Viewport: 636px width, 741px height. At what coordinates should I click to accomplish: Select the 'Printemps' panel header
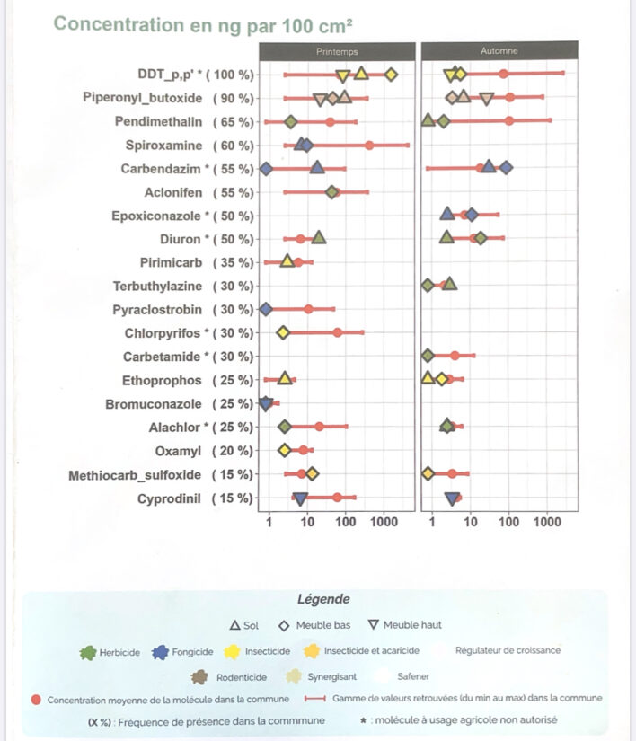[x=336, y=52]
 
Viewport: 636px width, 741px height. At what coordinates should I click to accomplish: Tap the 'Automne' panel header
[x=499, y=52]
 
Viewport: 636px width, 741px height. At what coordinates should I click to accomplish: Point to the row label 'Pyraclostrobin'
[x=158, y=310]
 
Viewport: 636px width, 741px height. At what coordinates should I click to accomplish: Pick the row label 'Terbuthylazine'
[x=158, y=287]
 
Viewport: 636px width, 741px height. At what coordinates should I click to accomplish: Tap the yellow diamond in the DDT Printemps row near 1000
[x=391, y=75]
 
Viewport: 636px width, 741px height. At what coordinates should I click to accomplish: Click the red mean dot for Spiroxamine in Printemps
[x=369, y=145]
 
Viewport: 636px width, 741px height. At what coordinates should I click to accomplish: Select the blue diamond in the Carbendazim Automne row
[x=507, y=168]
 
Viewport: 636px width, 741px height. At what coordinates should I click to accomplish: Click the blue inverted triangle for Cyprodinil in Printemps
[x=300, y=498]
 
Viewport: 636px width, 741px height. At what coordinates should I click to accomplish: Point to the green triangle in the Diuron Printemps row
[x=319, y=238]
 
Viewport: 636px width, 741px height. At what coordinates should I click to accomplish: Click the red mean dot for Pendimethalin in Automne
[x=509, y=120]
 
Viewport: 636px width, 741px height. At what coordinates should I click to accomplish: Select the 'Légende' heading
[x=323, y=599]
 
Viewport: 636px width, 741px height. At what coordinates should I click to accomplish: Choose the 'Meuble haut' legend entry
[x=403, y=625]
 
